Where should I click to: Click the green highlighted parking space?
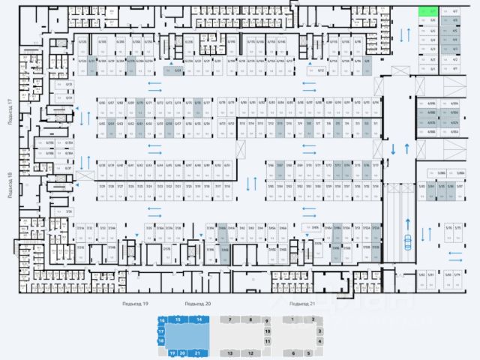[x=428, y=12]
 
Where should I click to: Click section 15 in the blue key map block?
[x=178, y=319]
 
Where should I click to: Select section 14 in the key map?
[x=199, y=319]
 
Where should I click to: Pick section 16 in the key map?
[x=161, y=320]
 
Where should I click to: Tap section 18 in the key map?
[x=161, y=340]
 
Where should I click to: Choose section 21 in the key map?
[x=197, y=352]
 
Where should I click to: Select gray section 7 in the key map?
[x=229, y=319]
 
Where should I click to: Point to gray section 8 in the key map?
[x=250, y=319]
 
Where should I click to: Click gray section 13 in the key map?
[x=231, y=352]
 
